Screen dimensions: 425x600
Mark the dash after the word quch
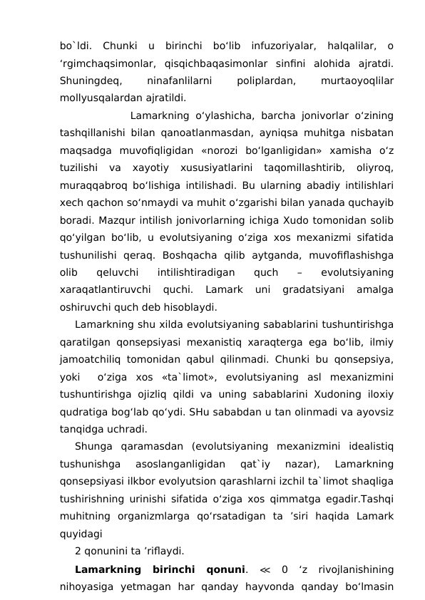298,271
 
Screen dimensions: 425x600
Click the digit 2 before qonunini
78,551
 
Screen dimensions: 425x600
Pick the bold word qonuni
222,569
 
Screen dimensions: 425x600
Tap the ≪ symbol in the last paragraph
264,569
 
